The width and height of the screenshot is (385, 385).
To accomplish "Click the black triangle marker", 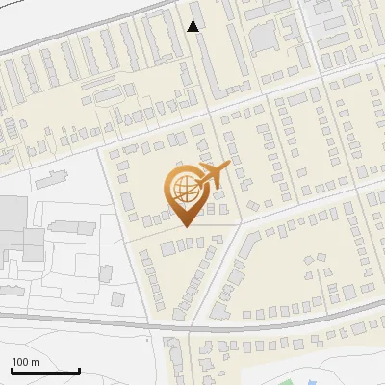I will click(x=193, y=26).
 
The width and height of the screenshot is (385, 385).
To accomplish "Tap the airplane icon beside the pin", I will click(x=214, y=173).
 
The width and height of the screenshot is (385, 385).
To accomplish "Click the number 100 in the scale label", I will click(x=19, y=362).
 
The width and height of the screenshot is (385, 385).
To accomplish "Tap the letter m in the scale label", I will click(x=35, y=362).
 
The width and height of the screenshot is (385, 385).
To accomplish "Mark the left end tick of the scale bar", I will click(x=12, y=370).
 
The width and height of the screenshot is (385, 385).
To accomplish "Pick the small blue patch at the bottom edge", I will click(x=248, y=382).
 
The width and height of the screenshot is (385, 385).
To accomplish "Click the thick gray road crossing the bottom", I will click(x=96, y=321).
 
